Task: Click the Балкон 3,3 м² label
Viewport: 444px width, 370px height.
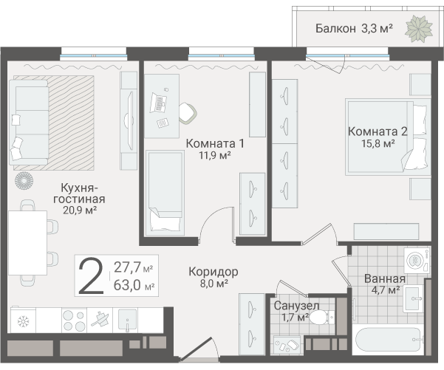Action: [354, 29]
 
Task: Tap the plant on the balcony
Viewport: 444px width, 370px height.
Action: [420, 29]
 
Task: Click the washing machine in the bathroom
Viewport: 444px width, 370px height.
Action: [417, 261]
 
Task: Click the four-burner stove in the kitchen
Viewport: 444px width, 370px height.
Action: [74, 321]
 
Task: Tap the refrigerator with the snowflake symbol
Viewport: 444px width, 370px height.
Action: [23, 321]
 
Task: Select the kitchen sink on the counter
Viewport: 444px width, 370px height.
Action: [128, 320]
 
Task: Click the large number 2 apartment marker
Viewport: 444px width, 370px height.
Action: [91, 275]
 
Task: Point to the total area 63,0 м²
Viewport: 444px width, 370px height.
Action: [134, 285]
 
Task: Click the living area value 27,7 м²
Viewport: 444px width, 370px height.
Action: [134, 267]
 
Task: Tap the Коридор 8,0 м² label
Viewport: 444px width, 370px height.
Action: [214, 277]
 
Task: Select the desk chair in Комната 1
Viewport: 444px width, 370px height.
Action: [188, 113]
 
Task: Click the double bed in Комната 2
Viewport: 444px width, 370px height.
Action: [388, 137]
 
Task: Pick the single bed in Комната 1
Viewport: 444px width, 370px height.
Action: [165, 193]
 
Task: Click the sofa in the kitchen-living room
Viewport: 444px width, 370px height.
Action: [28, 123]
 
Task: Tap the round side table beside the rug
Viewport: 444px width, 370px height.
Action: [24, 181]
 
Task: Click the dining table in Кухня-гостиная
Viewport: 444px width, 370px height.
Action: [27, 243]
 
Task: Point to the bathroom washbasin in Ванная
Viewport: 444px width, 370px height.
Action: [414, 298]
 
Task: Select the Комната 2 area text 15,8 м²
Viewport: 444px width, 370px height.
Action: [378, 143]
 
